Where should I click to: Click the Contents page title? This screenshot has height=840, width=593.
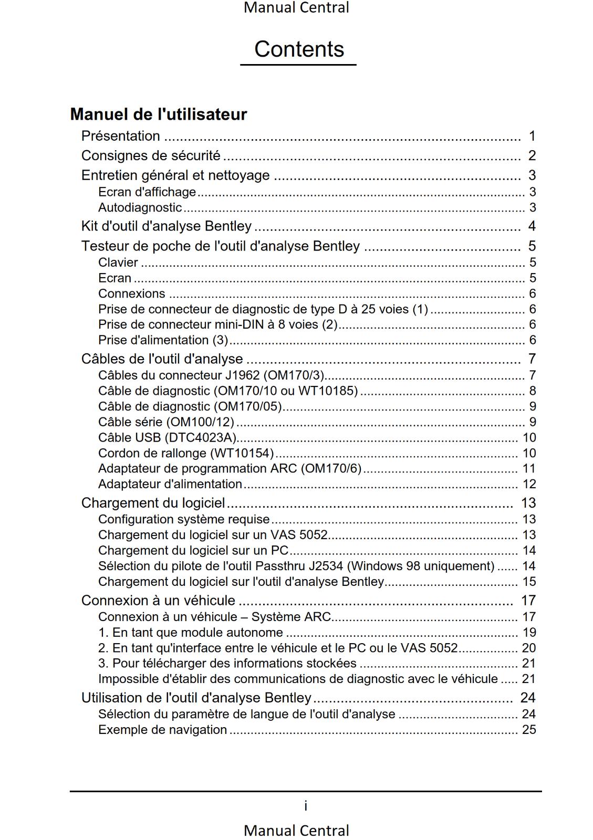299,49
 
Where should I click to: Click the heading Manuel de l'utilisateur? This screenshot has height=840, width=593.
158,114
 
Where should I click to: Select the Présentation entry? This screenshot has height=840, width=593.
120,136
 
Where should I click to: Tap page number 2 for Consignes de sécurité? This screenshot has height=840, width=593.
532,156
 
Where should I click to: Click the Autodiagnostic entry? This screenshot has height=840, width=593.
140,208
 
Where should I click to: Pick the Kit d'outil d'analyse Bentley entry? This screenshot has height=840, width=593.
166,226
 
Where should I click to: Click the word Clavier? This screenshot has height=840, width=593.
118,262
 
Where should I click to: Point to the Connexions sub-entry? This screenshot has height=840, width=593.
131,293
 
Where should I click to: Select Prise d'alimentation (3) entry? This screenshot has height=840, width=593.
163,340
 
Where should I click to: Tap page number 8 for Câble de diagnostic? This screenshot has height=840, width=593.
533,391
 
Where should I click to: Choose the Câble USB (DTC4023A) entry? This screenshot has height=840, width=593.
167,438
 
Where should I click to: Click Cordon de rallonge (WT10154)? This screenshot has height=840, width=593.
186,453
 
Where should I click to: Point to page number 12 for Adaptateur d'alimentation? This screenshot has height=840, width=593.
529,484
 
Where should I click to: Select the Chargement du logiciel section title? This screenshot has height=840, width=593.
153,503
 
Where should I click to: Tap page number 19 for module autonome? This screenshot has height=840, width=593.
529,633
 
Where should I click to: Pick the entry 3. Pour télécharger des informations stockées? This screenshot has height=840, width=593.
227,664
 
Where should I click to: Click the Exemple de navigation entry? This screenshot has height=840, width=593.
162,730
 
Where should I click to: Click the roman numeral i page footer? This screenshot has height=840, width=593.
306,806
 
